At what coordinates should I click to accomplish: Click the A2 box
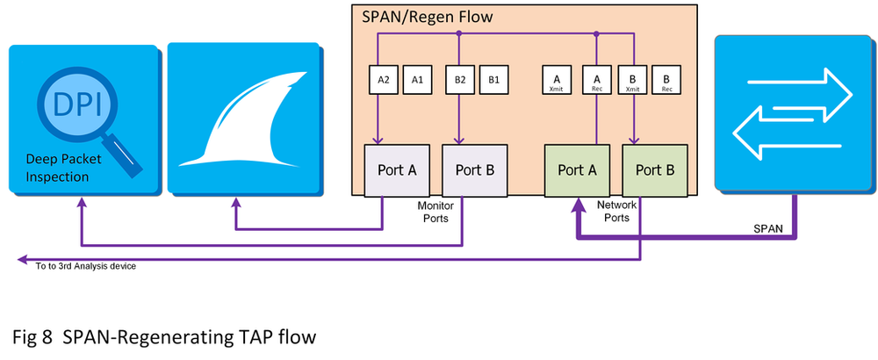[384, 80]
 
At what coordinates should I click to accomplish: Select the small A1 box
[418, 80]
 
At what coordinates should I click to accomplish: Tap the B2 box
[459, 80]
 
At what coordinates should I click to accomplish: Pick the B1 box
[494, 80]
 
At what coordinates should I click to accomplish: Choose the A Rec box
[596, 80]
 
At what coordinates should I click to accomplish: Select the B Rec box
[666, 80]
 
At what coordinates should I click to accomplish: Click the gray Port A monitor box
[398, 170]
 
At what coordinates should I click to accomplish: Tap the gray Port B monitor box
[474, 170]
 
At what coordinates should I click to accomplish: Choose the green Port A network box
[577, 170]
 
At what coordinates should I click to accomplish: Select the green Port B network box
[654, 170]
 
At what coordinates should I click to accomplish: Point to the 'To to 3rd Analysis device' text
[85, 264]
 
